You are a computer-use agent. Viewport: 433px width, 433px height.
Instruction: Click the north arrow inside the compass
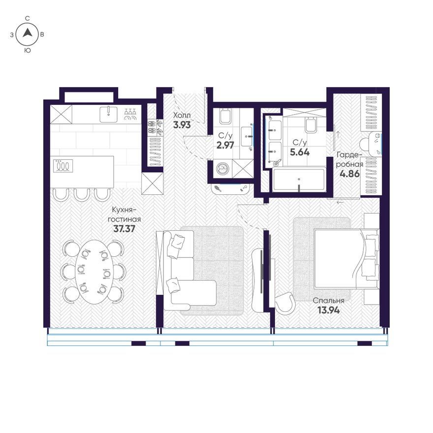coord(27,33)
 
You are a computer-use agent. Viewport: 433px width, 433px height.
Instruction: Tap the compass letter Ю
coord(28,51)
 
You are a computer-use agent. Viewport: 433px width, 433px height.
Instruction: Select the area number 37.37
coord(124,229)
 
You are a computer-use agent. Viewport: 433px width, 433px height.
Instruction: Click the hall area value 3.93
coord(182,125)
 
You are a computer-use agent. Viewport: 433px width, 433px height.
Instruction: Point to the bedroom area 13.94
coord(329,310)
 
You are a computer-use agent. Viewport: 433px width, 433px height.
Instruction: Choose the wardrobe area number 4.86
coord(350,174)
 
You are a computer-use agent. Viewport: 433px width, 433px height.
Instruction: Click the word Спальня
coord(328,301)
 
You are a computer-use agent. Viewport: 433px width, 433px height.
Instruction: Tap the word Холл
coord(182,115)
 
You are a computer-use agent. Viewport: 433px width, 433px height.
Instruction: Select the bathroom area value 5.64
coord(300,152)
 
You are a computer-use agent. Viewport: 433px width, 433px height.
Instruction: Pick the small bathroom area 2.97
coord(225,145)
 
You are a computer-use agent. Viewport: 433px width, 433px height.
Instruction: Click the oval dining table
coord(94,272)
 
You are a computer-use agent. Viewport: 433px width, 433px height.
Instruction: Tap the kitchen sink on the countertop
coord(108,114)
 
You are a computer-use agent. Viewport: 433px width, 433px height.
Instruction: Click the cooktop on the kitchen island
coord(63,166)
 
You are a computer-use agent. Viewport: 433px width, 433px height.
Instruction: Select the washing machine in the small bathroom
coord(222,169)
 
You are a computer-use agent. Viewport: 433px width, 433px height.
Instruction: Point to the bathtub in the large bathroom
coord(299,180)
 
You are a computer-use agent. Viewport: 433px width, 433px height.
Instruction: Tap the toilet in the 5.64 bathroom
coord(310,125)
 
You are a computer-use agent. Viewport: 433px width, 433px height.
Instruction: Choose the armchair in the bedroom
coord(285,303)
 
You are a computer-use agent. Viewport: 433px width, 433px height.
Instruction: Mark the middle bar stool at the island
coord(82,194)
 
